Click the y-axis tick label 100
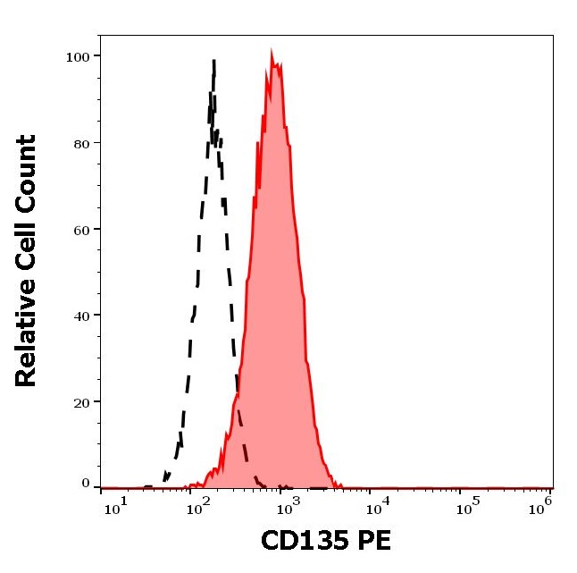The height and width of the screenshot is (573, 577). coord(77,56)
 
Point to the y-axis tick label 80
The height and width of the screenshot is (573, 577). coord(80,143)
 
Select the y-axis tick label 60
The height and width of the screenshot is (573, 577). coord(80,230)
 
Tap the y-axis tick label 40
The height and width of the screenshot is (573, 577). coord(80,316)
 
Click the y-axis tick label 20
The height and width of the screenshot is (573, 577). coord(80,402)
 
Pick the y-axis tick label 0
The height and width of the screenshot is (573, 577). coord(86,484)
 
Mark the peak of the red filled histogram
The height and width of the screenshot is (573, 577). coord(272,54)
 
